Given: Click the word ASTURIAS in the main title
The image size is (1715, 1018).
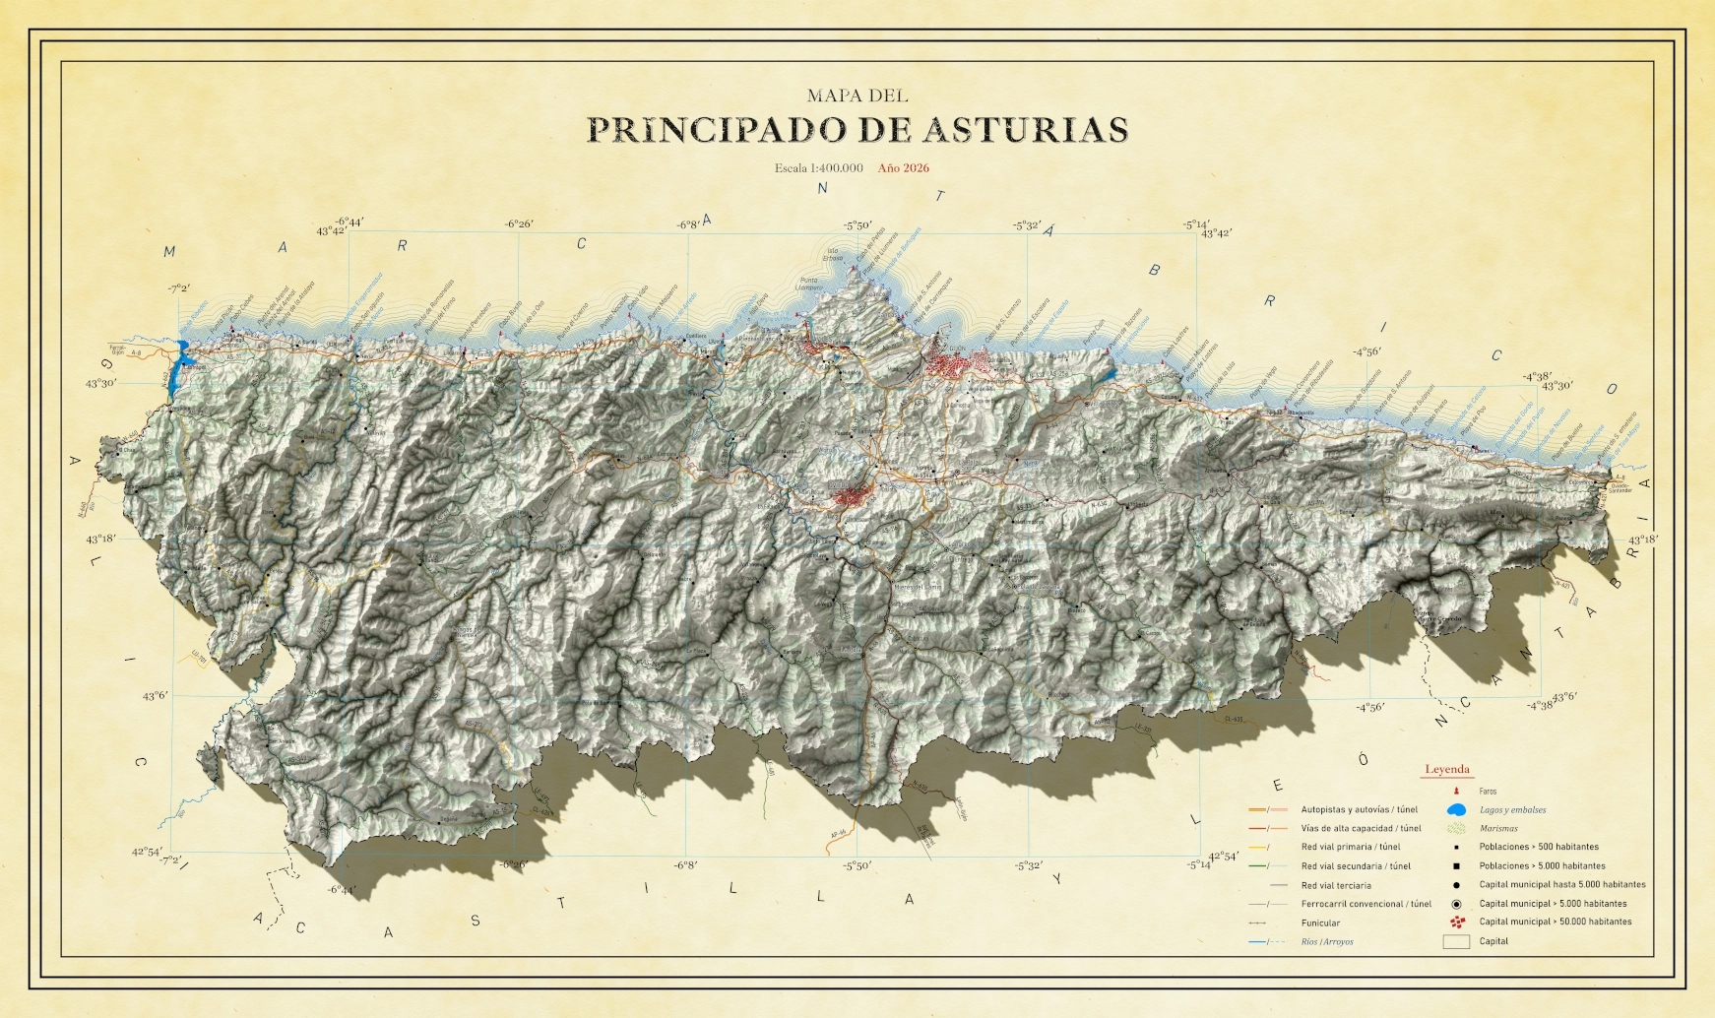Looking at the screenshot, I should pyautogui.click(x=1025, y=130).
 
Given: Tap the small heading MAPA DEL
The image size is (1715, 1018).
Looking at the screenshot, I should pyautogui.click(x=857, y=95).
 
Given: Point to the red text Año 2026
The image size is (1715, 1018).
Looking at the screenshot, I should pyautogui.click(x=903, y=168).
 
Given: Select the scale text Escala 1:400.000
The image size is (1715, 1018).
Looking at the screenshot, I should pyautogui.click(x=818, y=168).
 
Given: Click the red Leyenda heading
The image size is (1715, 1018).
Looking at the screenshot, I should pyautogui.click(x=1446, y=770).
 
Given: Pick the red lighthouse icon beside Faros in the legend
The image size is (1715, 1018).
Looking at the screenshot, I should pyautogui.click(x=1455, y=791).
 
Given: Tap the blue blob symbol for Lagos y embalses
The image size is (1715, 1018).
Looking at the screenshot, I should pyautogui.click(x=1456, y=810).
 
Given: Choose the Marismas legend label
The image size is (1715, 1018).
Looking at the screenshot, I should pyautogui.click(x=1498, y=829).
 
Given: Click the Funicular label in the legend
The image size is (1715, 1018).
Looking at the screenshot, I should pyautogui.click(x=1320, y=923).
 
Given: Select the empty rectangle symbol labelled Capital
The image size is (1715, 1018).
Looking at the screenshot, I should pyautogui.click(x=1455, y=942).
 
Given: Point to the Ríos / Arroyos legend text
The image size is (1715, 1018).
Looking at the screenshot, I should pyautogui.click(x=1327, y=942).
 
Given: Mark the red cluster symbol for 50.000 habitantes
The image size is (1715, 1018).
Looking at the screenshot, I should pyautogui.click(x=1456, y=923).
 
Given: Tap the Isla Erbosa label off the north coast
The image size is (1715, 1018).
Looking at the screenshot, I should pyautogui.click(x=833, y=254).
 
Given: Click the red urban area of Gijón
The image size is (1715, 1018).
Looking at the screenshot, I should pyautogui.click(x=951, y=365).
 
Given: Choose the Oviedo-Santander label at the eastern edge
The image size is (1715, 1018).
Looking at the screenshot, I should pyautogui.click(x=1620, y=487).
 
